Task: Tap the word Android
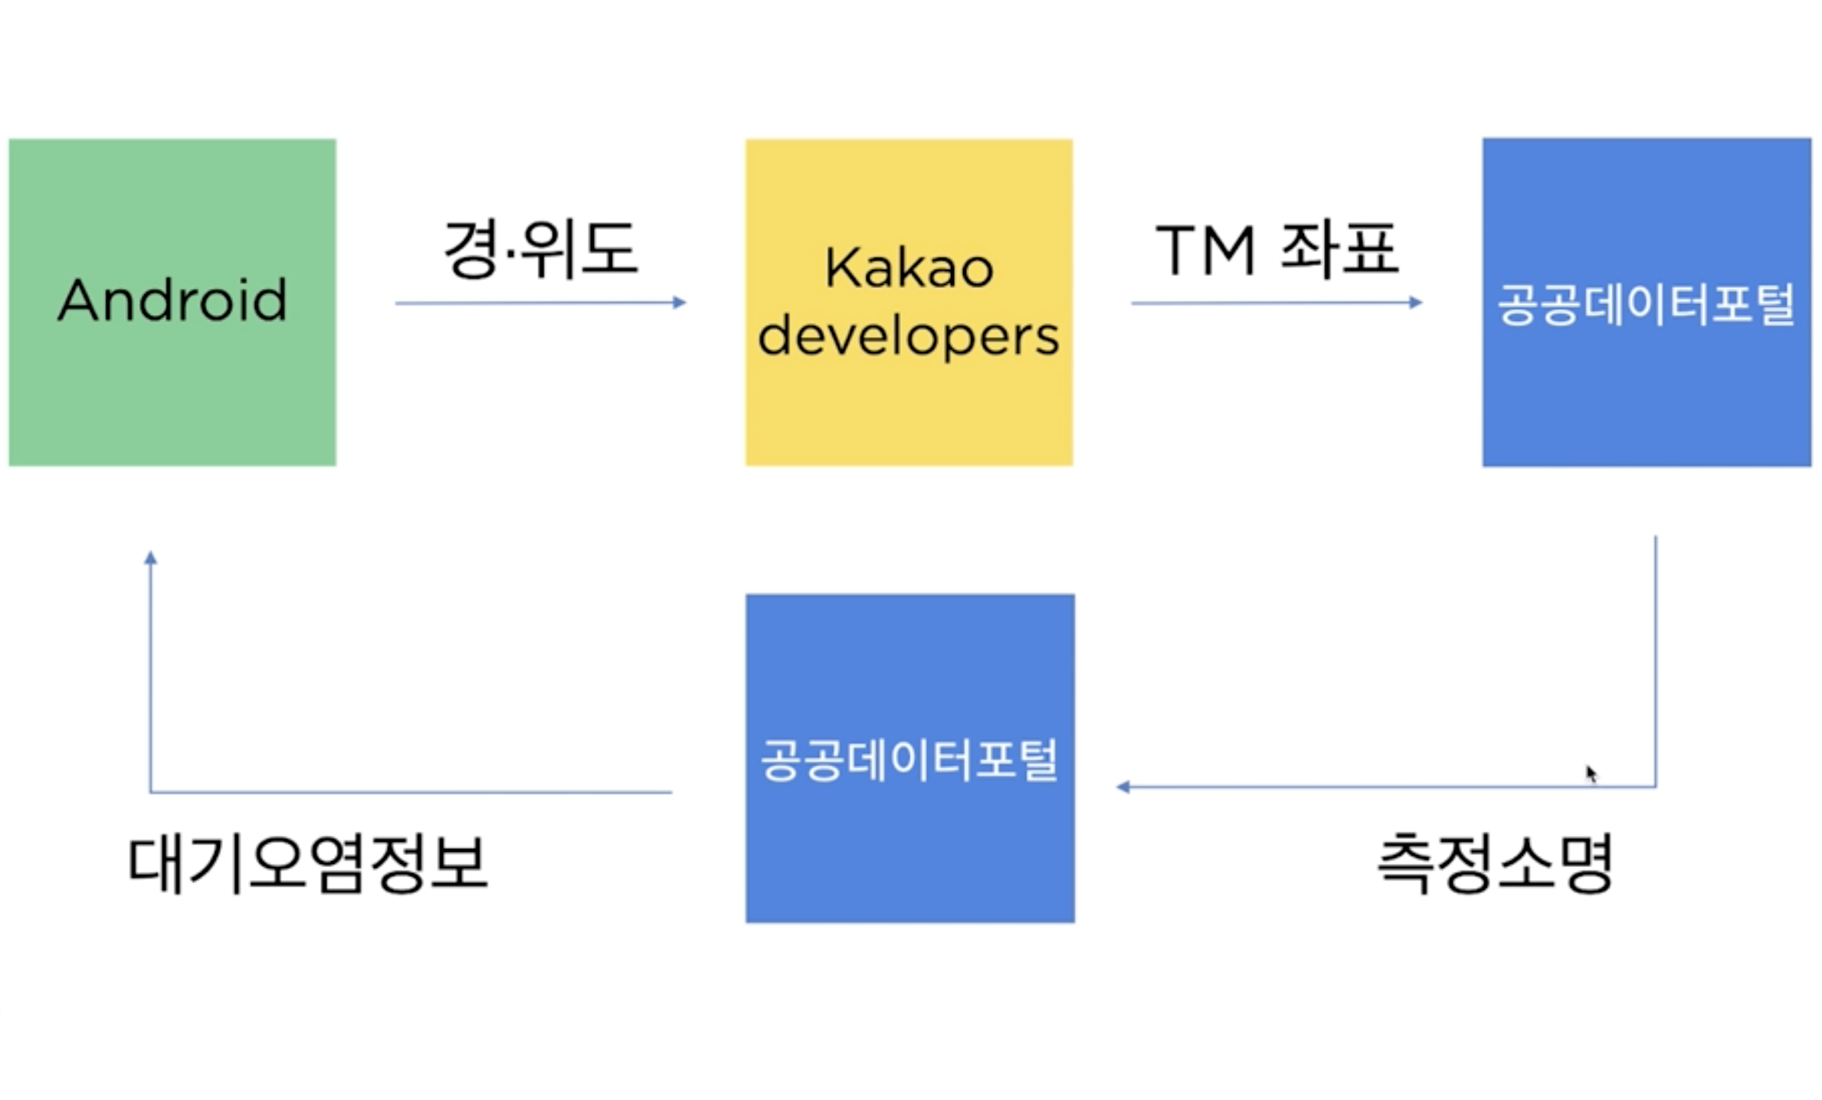coord(172,300)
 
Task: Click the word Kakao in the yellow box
coord(909,268)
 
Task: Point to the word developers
coord(909,337)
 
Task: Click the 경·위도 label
coord(540,249)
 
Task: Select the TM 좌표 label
coord(1276,249)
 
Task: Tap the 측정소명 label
coord(1496,863)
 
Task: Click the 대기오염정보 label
coord(307,863)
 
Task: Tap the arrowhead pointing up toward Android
coord(151,558)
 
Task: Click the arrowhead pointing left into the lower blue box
coord(1123,787)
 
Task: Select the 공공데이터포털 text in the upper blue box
coord(1647,304)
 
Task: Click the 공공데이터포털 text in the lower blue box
coord(909,760)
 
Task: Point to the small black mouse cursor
coord(1591,774)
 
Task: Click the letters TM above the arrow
coord(1205,250)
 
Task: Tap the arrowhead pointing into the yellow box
coord(679,303)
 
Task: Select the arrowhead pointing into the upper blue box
coord(1416,303)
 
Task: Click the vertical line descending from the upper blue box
coord(1656,659)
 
